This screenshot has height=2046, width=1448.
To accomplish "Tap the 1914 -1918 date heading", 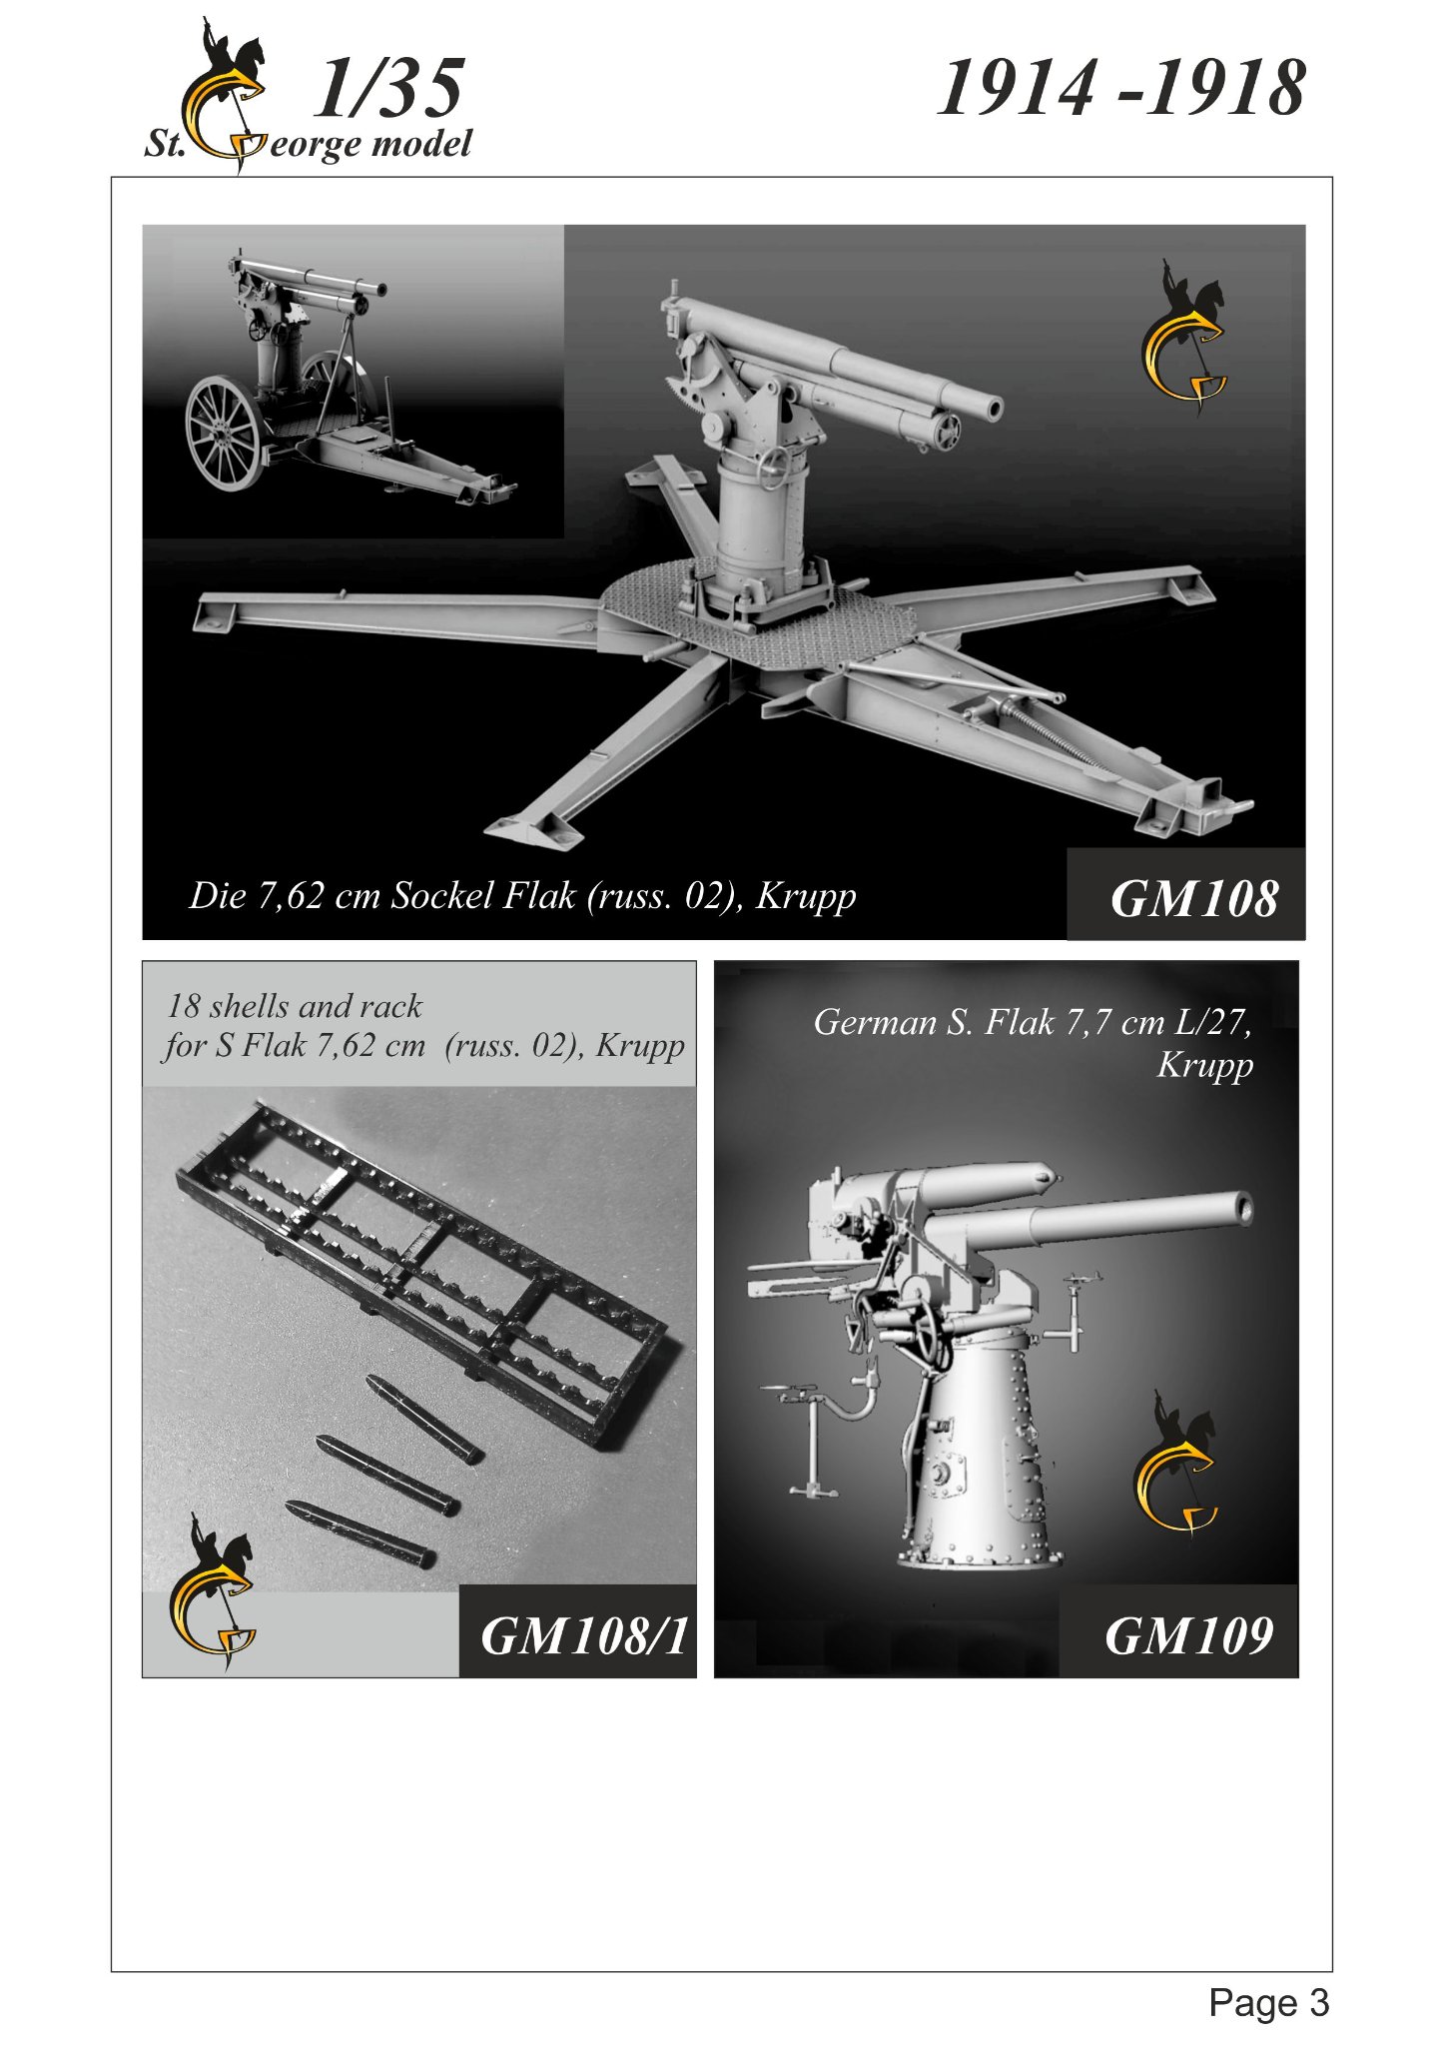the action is click(x=1120, y=88).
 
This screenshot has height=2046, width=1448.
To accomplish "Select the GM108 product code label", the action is click(x=1193, y=898).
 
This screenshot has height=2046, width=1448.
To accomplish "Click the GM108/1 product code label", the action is click(x=584, y=1636).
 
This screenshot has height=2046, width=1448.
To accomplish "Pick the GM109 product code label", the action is click(x=1188, y=1636).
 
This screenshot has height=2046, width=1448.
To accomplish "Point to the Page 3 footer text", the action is click(x=1268, y=2002).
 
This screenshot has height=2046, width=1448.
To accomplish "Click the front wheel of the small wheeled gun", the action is click(x=223, y=432).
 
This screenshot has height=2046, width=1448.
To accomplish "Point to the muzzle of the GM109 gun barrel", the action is click(x=1242, y=1207).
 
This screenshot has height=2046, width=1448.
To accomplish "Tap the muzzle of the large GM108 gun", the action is click(x=992, y=408).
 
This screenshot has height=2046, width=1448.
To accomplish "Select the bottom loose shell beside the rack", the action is click(x=360, y=1534).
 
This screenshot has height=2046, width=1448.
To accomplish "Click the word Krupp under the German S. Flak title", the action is click(x=1204, y=1065).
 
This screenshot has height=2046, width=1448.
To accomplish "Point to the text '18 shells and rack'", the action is click(x=295, y=1005).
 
